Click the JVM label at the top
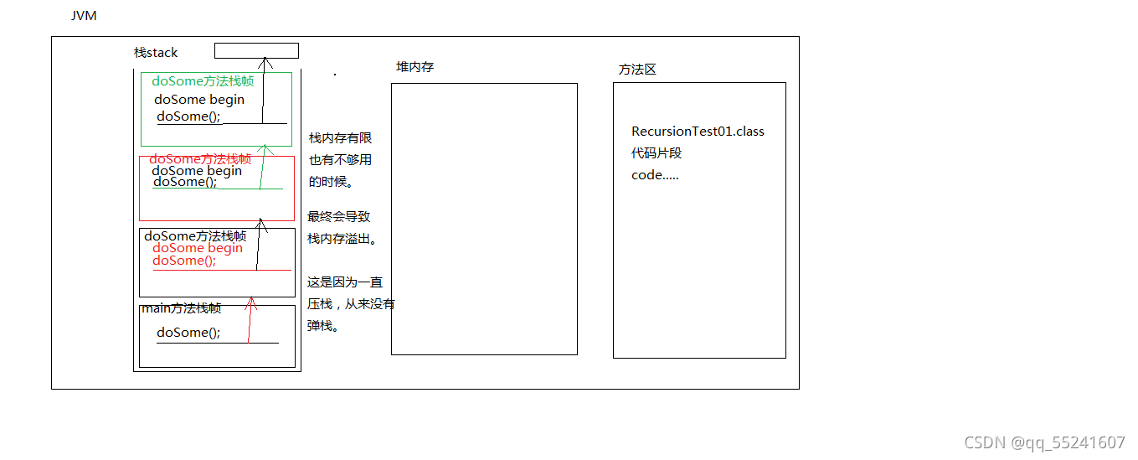84,16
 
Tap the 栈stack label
157,53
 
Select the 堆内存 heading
415,67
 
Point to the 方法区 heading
637,70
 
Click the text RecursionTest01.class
698,132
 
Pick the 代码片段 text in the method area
658,153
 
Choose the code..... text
655,175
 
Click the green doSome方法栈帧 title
203,81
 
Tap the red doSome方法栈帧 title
200,158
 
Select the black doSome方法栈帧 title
195,236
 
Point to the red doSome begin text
198,248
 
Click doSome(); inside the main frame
188,333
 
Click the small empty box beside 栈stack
256,50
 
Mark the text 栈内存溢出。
342,239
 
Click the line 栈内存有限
339,138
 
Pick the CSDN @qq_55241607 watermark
1044,443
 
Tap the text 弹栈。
323,326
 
